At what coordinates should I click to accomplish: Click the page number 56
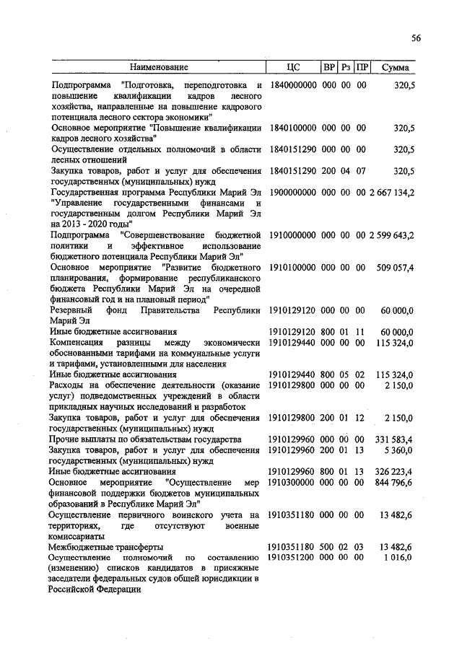(x=416, y=38)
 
